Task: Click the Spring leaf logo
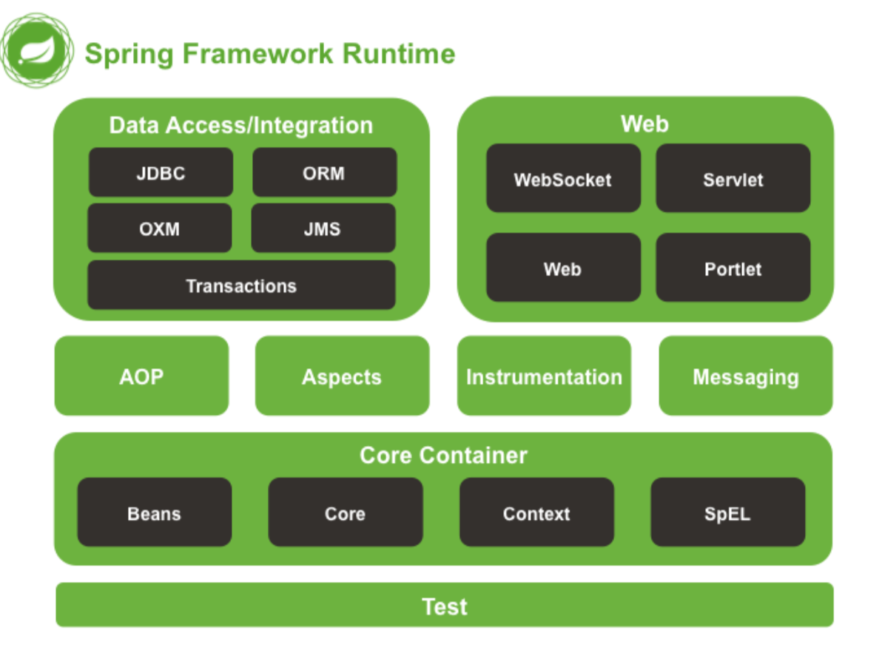tap(37, 50)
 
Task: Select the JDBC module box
tap(161, 172)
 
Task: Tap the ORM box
tap(324, 172)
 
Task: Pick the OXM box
tap(159, 228)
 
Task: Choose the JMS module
tap(323, 228)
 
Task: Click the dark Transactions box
tap(241, 285)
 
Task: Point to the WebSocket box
tap(563, 179)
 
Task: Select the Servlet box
tap(733, 179)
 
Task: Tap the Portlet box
tap(733, 268)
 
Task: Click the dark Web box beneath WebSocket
tap(563, 268)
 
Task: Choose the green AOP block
tap(141, 376)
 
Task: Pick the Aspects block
tap(342, 376)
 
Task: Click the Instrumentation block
tap(544, 376)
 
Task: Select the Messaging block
tap(745, 376)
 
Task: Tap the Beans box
tap(154, 512)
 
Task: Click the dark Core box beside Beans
tap(345, 512)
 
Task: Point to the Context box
tap(536, 512)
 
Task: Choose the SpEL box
tap(727, 512)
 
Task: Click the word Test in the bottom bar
tap(444, 606)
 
